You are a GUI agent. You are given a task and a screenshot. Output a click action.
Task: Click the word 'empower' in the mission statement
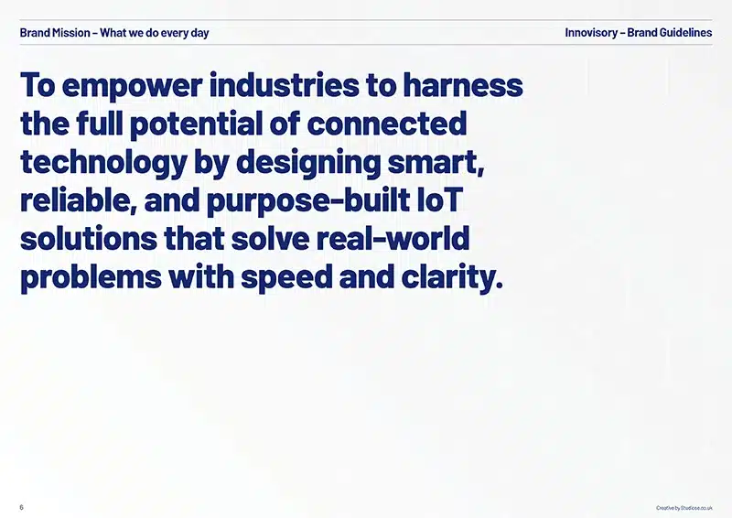pyautogui.click(x=132, y=87)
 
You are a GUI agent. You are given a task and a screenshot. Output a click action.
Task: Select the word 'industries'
pyautogui.click(x=285, y=84)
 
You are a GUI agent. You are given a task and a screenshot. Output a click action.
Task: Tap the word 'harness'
pyautogui.click(x=463, y=84)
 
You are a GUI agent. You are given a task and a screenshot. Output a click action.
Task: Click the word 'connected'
pyautogui.click(x=387, y=124)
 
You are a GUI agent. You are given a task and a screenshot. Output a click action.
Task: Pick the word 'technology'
pyautogui.click(x=103, y=164)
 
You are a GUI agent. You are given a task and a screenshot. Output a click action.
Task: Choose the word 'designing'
pyautogui.click(x=308, y=164)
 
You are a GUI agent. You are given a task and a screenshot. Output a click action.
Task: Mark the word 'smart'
pyautogui.click(x=433, y=163)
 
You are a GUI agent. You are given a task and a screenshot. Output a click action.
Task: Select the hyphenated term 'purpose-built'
pyautogui.click(x=308, y=201)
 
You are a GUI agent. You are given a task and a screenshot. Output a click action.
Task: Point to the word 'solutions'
pyautogui.click(x=89, y=238)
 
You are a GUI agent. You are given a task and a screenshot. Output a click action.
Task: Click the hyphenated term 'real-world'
pyautogui.click(x=393, y=238)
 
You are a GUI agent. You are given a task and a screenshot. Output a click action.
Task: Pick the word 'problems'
pyautogui.click(x=91, y=278)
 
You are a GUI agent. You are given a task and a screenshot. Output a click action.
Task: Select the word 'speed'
pyautogui.click(x=286, y=278)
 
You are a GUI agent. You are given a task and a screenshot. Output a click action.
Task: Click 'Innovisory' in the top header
pyautogui.click(x=591, y=33)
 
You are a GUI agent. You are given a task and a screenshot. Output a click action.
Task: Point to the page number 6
pyautogui.click(x=21, y=507)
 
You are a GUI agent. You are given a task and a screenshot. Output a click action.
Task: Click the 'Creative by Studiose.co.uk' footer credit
pyautogui.click(x=684, y=508)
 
